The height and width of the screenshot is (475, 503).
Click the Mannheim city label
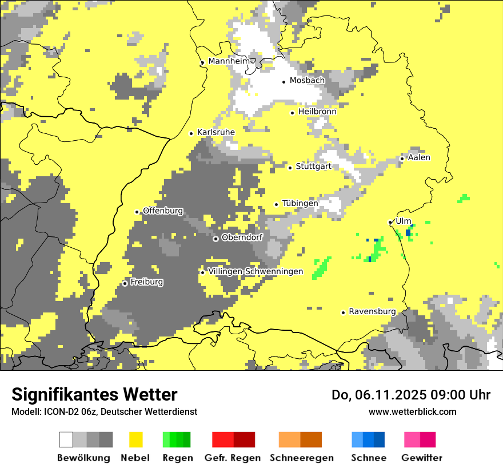point(229,61)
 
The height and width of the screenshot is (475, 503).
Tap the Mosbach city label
point(307,81)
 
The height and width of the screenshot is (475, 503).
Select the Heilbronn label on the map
point(317,112)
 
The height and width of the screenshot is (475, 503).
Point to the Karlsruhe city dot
point(191,133)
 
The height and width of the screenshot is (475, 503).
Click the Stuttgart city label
point(314,167)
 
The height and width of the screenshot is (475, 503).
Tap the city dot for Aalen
point(402,159)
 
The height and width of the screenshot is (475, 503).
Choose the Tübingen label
point(300,203)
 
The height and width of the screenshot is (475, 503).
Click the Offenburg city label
point(163,211)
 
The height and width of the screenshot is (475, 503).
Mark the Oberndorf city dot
point(215,239)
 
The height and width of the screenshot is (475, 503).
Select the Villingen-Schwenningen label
point(256,271)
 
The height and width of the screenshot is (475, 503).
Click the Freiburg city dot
point(125,283)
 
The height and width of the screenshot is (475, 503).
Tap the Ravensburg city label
point(372,311)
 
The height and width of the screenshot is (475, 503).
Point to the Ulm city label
point(404,221)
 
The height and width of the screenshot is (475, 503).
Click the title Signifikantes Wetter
point(94,394)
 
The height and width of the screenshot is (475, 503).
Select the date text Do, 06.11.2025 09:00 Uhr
point(411,395)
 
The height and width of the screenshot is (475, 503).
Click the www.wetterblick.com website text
point(412,411)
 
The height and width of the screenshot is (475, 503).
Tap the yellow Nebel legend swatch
point(136,440)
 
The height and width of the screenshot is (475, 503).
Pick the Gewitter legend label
point(421,458)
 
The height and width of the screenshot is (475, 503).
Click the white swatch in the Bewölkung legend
point(66,440)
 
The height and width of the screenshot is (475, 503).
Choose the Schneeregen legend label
point(301,458)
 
